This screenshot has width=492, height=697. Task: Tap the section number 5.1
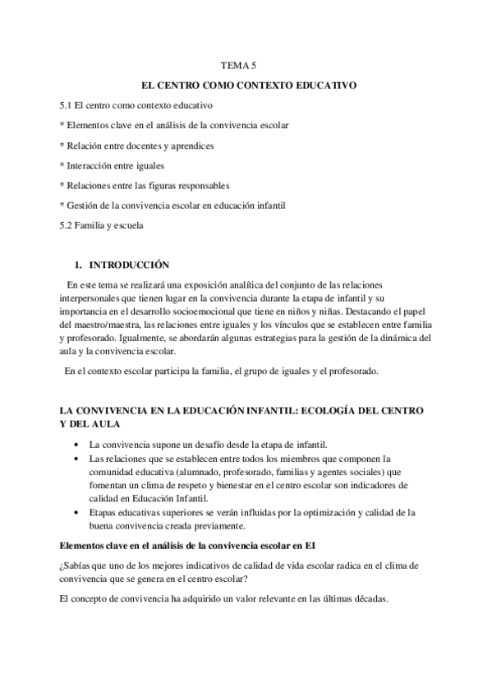54,106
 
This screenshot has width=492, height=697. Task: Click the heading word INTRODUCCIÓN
129,265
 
